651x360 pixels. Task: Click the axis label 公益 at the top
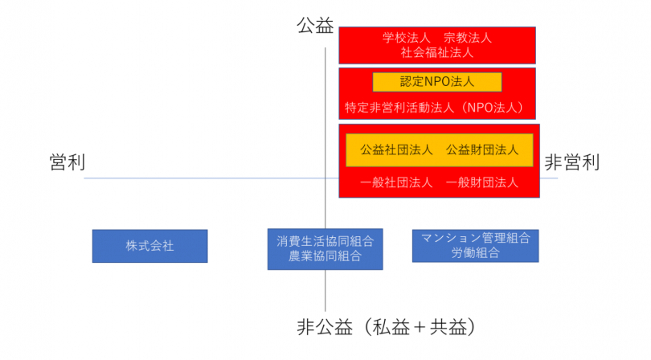tap(315, 26)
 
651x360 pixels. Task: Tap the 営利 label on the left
tap(68, 162)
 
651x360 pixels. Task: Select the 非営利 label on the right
tap(571, 162)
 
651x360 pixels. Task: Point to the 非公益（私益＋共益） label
tap(386, 327)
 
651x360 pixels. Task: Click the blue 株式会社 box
tap(149, 246)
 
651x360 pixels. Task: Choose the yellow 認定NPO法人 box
tap(436, 82)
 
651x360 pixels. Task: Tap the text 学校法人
tap(406, 38)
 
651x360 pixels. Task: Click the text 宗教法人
tap(468, 38)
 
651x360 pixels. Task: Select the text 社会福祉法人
tap(436, 52)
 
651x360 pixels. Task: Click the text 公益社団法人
tap(396, 150)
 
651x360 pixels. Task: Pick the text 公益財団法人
tap(482, 150)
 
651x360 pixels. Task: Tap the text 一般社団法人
tap(396, 182)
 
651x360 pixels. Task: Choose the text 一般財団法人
tap(482, 182)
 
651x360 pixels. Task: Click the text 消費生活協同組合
tap(325, 241)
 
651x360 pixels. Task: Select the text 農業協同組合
tap(325, 256)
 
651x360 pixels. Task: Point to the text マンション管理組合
tap(475, 238)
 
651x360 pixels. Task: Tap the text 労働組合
tap(475, 252)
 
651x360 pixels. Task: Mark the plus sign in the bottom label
tap(420, 328)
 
